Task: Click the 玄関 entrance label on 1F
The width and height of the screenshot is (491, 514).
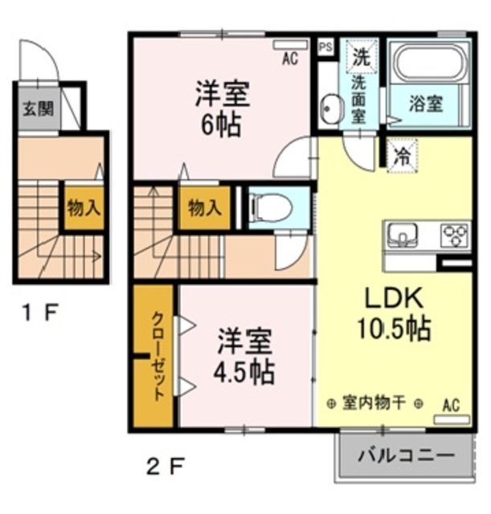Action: [39, 109]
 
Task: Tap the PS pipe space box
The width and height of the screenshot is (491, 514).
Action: [325, 47]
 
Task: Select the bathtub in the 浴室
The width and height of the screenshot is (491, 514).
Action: [428, 63]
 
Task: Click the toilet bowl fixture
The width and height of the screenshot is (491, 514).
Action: [270, 207]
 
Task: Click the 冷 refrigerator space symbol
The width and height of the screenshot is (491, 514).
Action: [402, 155]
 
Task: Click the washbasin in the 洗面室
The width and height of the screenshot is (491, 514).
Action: [330, 109]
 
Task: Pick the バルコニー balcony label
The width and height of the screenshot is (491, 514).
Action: [406, 455]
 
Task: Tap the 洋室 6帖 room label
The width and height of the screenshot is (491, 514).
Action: [223, 109]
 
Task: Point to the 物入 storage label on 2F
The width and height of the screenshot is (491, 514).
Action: [204, 207]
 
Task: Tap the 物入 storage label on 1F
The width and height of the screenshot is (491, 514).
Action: [84, 207]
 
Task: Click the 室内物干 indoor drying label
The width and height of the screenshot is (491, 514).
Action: [374, 403]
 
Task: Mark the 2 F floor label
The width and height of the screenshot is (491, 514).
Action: [166, 467]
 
